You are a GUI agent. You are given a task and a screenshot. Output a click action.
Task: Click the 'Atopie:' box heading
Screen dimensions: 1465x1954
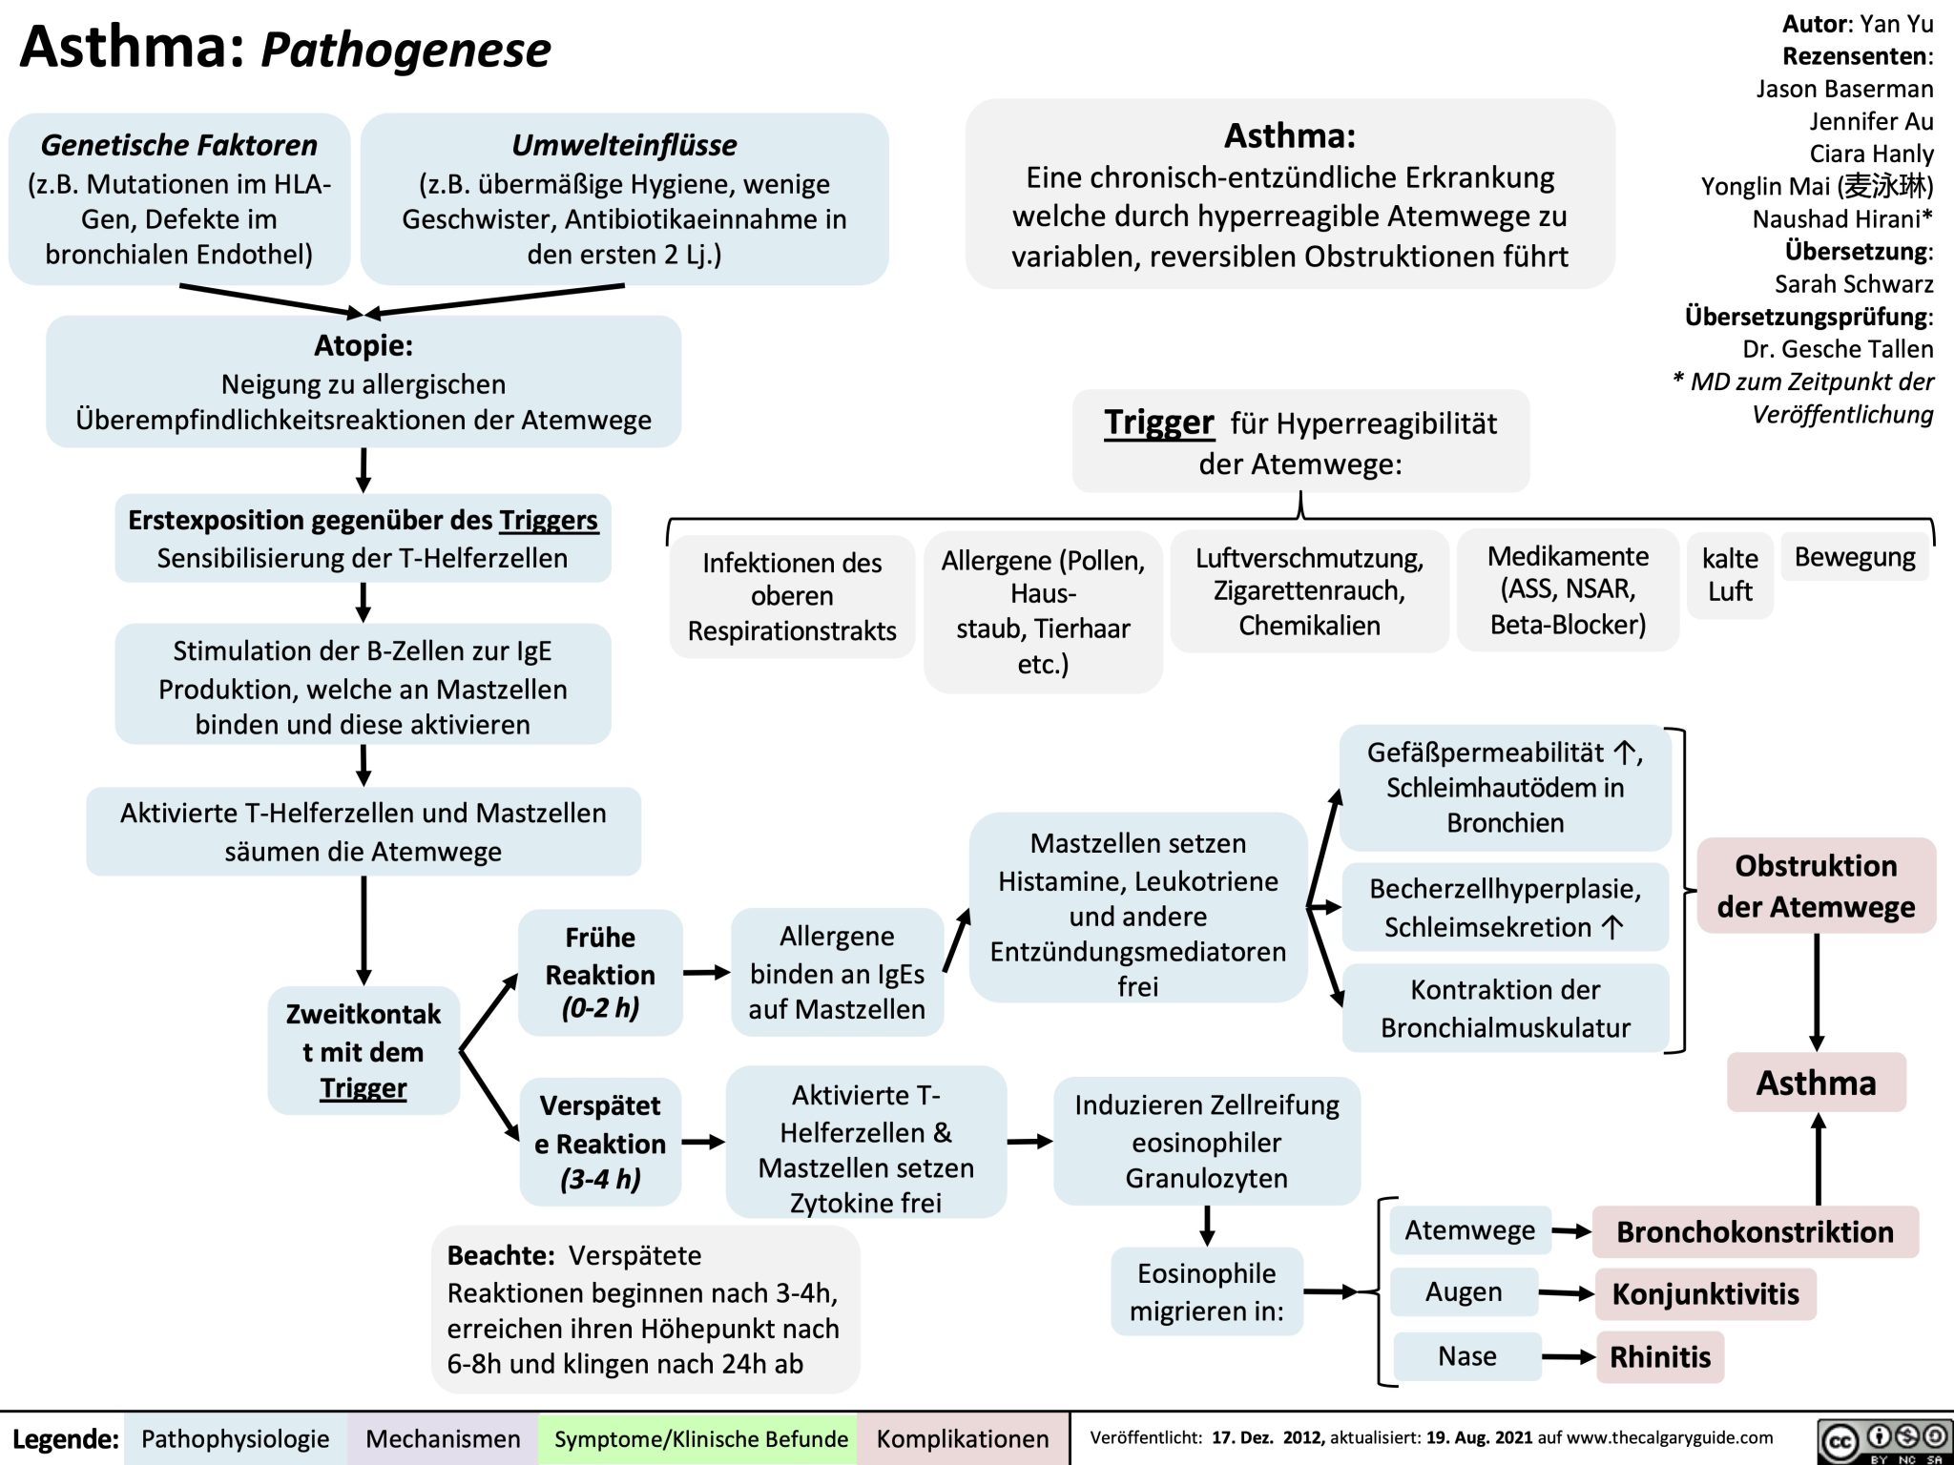[x=364, y=344]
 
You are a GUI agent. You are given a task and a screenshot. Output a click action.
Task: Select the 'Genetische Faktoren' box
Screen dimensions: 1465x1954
[x=179, y=198]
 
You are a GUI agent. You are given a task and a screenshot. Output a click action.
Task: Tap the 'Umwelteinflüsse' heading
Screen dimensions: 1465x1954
[x=624, y=145]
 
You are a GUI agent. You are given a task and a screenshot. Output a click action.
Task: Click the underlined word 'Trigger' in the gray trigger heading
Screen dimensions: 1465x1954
[x=1158, y=422]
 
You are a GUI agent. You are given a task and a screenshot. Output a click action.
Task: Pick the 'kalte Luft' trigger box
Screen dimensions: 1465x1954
[x=1730, y=574]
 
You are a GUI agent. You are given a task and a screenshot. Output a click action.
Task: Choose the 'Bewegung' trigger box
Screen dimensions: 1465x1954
[x=1854, y=557]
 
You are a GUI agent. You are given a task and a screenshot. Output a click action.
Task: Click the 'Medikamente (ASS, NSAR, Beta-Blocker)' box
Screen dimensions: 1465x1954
[x=1568, y=589]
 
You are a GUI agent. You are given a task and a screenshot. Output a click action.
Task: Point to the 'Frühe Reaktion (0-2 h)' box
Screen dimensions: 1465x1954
[x=600, y=972]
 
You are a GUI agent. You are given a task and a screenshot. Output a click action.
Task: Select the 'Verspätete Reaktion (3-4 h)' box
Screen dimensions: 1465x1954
[x=600, y=1142]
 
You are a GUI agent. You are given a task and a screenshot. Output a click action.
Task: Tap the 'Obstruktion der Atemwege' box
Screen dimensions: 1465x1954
[x=1816, y=885]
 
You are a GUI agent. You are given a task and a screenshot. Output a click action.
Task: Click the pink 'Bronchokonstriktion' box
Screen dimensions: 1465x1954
[x=1755, y=1231]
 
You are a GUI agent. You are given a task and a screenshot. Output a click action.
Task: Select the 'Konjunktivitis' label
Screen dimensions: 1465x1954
[x=1705, y=1293]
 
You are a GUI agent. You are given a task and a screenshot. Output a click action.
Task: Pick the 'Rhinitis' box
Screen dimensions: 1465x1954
[x=1660, y=1356]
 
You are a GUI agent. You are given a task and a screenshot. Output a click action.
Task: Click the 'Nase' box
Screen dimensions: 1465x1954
[x=1467, y=1355]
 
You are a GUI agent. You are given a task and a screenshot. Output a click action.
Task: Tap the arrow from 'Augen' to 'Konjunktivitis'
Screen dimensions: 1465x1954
[x=1566, y=1293]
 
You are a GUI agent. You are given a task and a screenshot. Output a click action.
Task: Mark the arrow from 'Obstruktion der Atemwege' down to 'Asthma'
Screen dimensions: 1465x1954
[x=1817, y=992]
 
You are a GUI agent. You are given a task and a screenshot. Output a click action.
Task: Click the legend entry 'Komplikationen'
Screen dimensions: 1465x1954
[x=962, y=1438]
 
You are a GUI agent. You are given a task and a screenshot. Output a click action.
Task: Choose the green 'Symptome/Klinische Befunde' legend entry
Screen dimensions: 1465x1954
[x=700, y=1438]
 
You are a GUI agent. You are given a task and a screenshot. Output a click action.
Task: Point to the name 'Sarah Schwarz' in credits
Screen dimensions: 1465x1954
[x=1853, y=284]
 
